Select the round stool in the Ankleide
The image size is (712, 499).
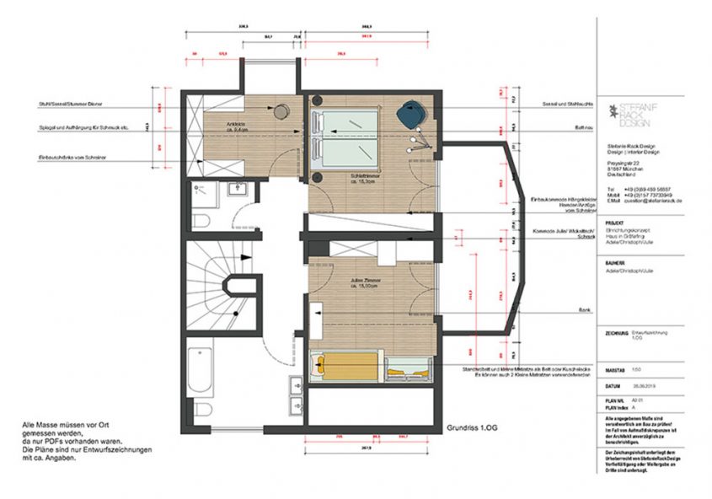pos(280,111)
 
